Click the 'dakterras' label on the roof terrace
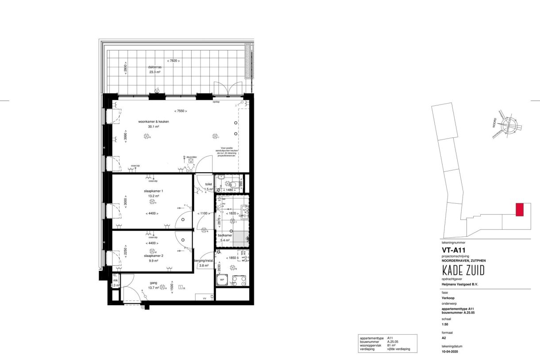(x=156, y=68)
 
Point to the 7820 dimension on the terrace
(x=174, y=61)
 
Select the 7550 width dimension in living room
(x=181, y=111)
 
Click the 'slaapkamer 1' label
(x=153, y=190)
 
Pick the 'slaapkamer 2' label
(x=154, y=255)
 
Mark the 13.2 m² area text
(x=154, y=196)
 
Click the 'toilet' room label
(x=209, y=184)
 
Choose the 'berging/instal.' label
(x=204, y=261)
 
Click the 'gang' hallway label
(x=154, y=283)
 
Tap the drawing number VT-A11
(x=453, y=250)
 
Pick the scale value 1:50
(x=445, y=324)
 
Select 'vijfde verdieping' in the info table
(x=398, y=349)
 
